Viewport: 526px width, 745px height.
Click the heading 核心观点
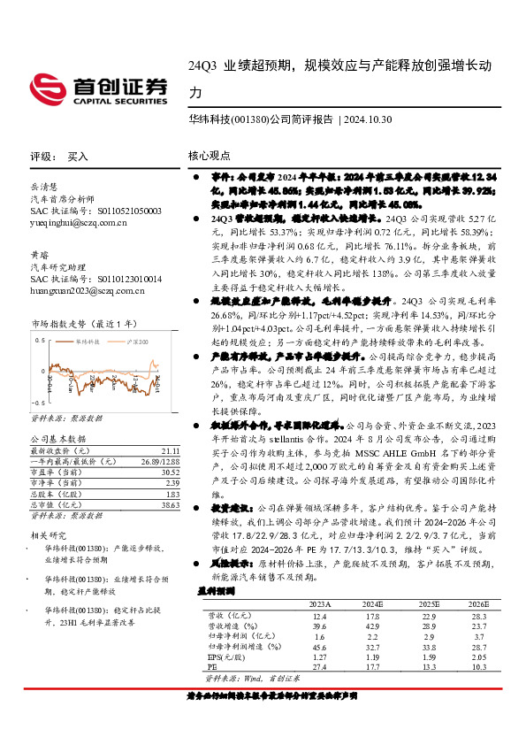(x=209, y=156)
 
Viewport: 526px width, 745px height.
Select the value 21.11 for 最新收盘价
(x=171, y=449)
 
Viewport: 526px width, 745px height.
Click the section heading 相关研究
(x=47, y=534)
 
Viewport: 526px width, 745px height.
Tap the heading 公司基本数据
(x=58, y=437)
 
